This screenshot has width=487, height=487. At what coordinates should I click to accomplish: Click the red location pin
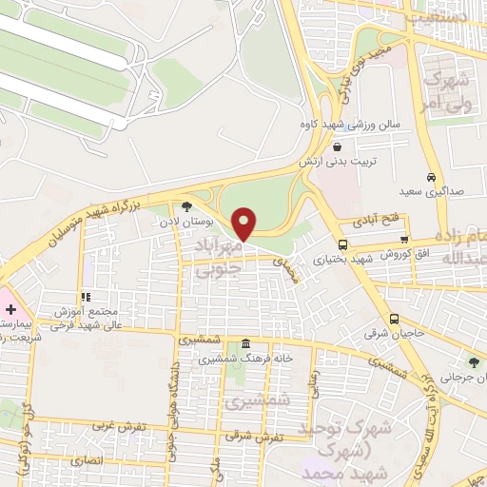point(245,224)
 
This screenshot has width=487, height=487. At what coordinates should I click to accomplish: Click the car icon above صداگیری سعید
point(431,178)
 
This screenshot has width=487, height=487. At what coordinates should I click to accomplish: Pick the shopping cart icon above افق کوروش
point(406,240)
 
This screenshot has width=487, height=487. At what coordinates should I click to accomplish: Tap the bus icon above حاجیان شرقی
point(395,319)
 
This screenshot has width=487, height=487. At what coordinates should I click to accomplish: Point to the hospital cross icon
point(10,309)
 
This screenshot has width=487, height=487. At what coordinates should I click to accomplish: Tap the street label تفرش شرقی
point(256,436)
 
